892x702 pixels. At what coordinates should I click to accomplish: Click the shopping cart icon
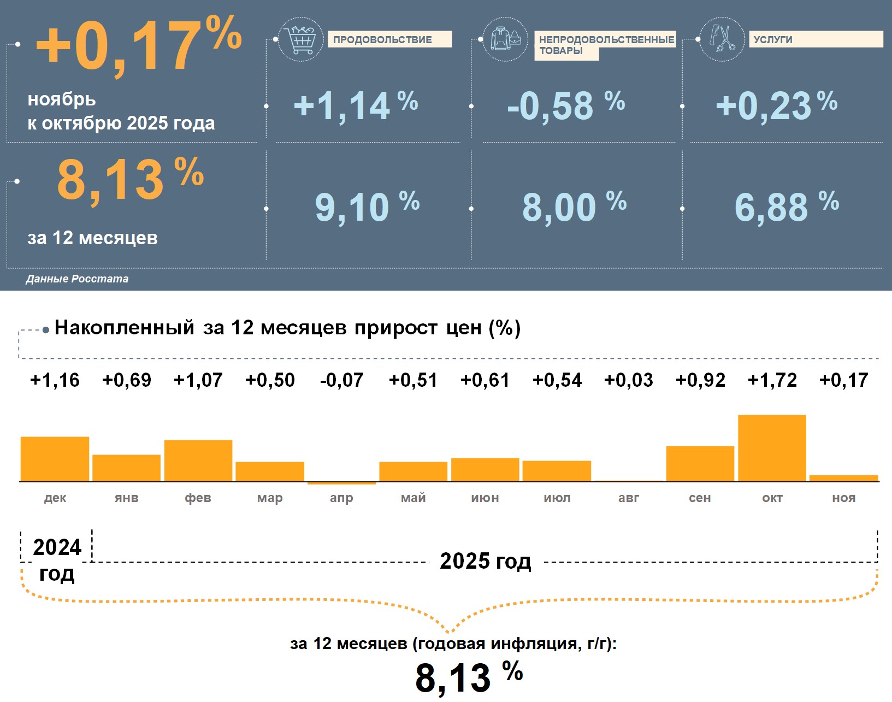300,39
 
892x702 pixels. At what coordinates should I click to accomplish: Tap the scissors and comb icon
722,39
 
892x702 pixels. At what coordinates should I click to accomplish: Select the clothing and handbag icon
505,39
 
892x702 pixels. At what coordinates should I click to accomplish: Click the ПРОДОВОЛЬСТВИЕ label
389,39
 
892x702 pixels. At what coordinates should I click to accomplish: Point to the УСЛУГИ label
815,39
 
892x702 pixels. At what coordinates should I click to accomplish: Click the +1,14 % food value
355,105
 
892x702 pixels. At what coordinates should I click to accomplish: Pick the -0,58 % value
565,105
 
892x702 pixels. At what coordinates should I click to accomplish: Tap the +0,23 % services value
776,105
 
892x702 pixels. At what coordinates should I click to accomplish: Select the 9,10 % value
367,207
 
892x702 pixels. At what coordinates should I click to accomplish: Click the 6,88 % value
786,207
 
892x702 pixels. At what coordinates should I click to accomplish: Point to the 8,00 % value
574,207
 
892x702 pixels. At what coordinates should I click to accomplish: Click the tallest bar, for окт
772,448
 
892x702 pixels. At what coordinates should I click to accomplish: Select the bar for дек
55,459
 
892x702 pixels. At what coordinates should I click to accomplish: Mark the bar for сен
700,463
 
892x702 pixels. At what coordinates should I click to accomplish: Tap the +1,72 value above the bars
772,380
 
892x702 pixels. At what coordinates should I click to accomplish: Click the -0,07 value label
341,380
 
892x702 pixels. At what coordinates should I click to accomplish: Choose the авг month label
628,498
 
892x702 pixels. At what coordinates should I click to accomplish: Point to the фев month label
198,498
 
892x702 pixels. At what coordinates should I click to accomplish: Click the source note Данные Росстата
77,279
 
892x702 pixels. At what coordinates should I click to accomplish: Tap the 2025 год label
485,561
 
